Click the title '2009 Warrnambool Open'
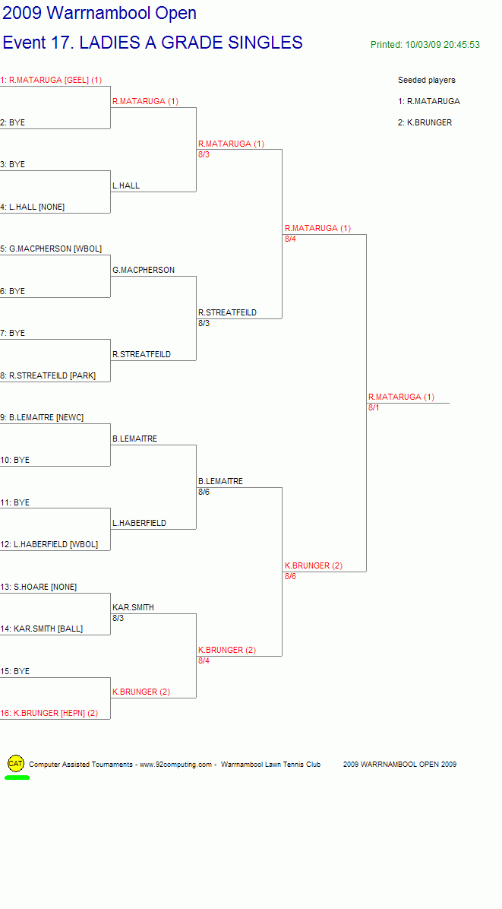99,13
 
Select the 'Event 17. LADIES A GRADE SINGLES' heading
153,43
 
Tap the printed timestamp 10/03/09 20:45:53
442,45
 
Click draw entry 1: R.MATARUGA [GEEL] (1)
51,80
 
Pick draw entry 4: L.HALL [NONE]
33,207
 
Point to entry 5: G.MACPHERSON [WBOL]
51,249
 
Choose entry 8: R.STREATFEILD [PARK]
48,375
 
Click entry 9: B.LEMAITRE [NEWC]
42,417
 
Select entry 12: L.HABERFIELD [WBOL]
49,544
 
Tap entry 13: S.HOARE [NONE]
38,587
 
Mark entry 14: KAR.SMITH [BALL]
42,629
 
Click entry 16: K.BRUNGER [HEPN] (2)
49,713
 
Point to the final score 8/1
374,407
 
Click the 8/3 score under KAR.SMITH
118,618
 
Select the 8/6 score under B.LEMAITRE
204,492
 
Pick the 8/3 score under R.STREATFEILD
204,323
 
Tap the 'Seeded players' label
427,80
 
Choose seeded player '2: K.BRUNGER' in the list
425,122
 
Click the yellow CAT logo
16,764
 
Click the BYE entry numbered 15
15,671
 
